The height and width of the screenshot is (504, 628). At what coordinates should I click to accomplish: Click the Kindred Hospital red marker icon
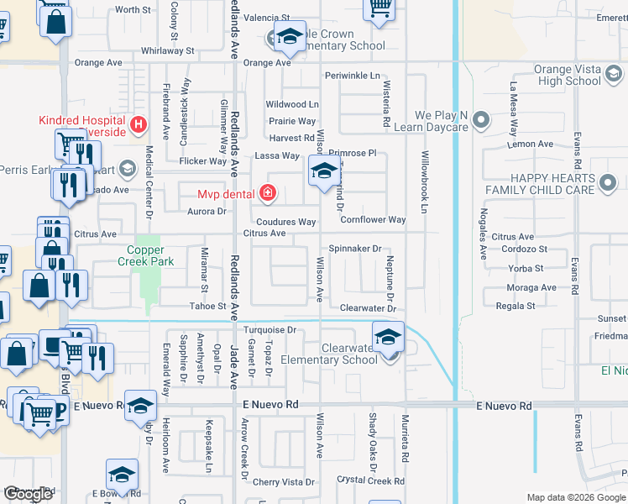139,126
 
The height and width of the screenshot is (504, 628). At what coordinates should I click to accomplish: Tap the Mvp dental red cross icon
268,194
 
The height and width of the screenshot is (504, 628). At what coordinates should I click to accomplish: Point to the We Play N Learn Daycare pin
481,121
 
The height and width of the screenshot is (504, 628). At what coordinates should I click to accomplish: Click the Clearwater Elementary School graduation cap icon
388,339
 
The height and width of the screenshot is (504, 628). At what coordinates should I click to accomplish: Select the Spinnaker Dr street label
355,249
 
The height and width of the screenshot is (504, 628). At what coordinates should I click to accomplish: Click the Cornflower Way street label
373,220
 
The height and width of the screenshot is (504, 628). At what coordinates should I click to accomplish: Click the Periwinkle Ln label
353,76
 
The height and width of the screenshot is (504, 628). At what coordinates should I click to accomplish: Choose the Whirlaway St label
168,50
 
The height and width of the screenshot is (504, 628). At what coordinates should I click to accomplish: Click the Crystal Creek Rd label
370,480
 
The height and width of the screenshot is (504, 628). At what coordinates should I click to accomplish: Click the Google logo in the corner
28,494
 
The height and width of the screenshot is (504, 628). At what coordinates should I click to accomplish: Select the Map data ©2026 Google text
575,497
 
